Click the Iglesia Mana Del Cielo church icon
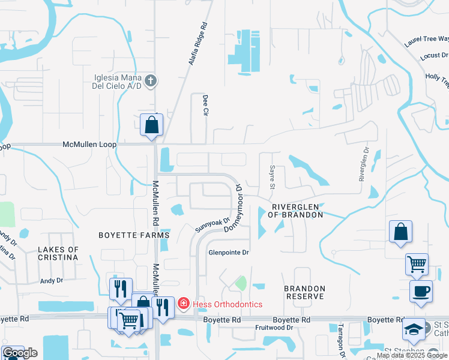pyautogui.click(x=151, y=80)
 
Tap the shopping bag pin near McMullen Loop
pyautogui.click(x=151, y=125)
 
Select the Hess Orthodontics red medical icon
pyautogui.click(x=183, y=304)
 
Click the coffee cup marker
pyautogui.click(x=420, y=292)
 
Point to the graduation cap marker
pyautogui.click(x=412, y=329)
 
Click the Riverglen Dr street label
pyautogui.click(x=363, y=163)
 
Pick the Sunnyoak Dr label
pyautogui.click(x=212, y=225)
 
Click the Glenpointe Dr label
pyautogui.click(x=228, y=253)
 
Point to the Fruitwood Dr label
pyautogui.click(x=274, y=328)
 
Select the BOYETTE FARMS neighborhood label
pyautogui.click(x=134, y=236)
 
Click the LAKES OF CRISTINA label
pyautogui.click(x=58, y=253)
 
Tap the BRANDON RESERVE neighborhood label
pyautogui.click(x=305, y=293)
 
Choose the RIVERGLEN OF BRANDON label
pyautogui.click(x=295, y=210)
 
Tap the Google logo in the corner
pyautogui.click(x=20, y=353)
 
